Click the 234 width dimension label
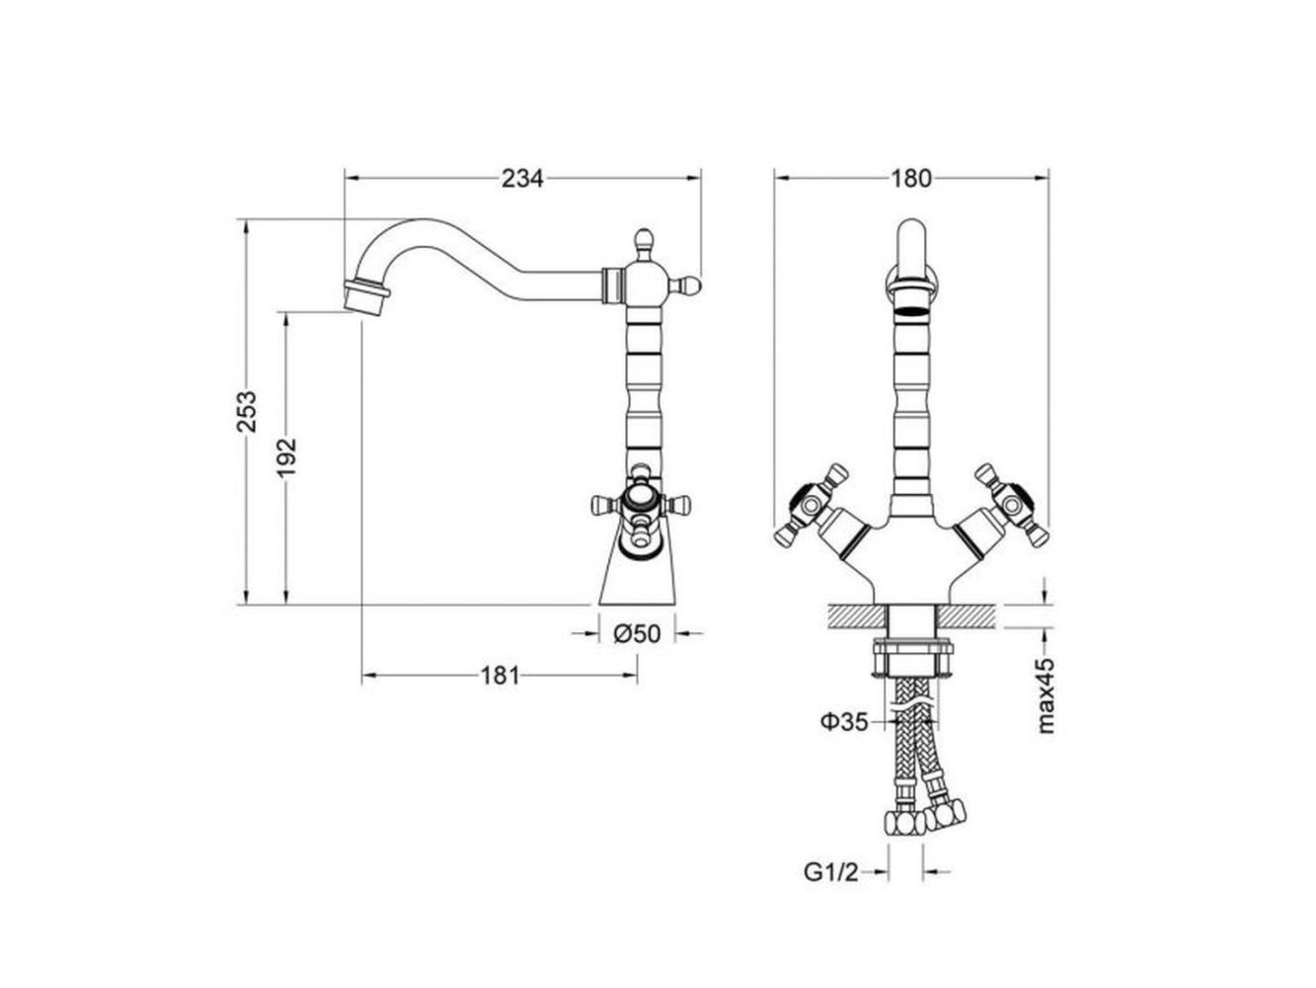pyautogui.click(x=521, y=178)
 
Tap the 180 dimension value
pyautogui.click(x=910, y=178)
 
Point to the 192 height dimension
pyautogui.click(x=286, y=457)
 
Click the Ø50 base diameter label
pyautogui.click(x=637, y=633)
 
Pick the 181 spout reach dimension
pyautogui.click(x=500, y=676)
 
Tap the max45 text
pyautogui.click(x=1046, y=696)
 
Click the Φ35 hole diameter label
pyautogui.click(x=844, y=721)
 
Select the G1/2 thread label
pyautogui.click(x=831, y=872)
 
